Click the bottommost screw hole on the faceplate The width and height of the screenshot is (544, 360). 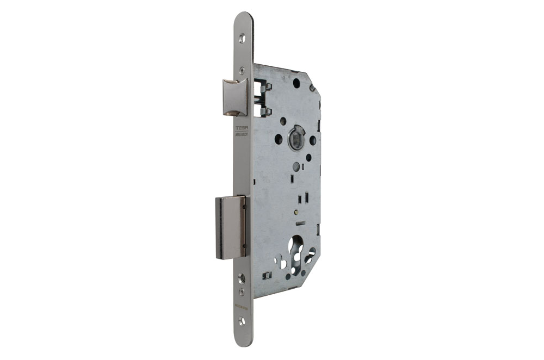click(x=242, y=321)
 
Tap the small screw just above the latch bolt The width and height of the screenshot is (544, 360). click(x=240, y=70)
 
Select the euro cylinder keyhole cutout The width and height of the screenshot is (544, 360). click(x=299, y=256)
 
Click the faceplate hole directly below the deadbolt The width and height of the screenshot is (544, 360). click(x=242, y=278)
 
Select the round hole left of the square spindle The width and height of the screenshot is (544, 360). click(x=279, y=139)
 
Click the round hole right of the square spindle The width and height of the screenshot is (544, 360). click(x=313, y=140)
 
